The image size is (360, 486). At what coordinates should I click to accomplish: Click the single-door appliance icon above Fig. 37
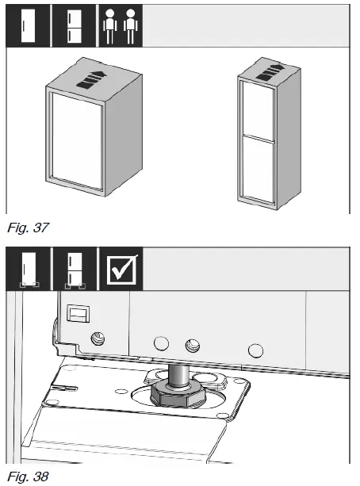point(26,25)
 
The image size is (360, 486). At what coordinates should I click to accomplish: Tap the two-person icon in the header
point(119,25)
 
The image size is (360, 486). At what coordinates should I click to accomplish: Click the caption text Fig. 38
point(25,476)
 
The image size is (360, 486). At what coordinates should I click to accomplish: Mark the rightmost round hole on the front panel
point(255,349)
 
